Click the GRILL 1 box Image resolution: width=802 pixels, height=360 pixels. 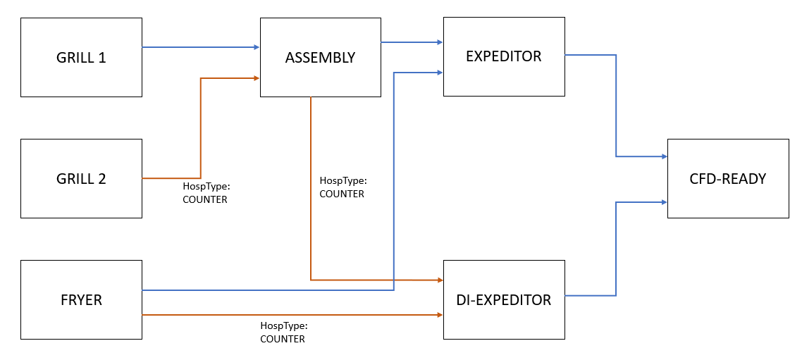81,58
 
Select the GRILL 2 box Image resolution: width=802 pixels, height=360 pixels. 81,178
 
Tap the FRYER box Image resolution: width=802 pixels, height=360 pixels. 81,299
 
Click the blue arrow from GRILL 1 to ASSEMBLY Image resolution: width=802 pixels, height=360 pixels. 201,47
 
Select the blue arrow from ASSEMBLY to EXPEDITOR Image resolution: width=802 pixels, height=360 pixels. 412,42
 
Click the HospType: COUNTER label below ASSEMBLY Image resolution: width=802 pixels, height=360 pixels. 343,187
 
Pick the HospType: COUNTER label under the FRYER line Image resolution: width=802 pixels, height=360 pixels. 283,333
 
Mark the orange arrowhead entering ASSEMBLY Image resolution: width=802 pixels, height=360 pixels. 255,78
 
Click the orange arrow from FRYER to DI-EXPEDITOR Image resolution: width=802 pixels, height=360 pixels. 292,314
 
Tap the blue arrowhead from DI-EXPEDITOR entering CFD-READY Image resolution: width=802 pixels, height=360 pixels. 663,202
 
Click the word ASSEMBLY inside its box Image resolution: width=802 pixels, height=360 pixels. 320,58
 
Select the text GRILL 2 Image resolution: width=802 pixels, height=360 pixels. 81,178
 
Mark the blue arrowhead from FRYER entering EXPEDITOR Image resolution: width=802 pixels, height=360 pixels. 439,71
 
